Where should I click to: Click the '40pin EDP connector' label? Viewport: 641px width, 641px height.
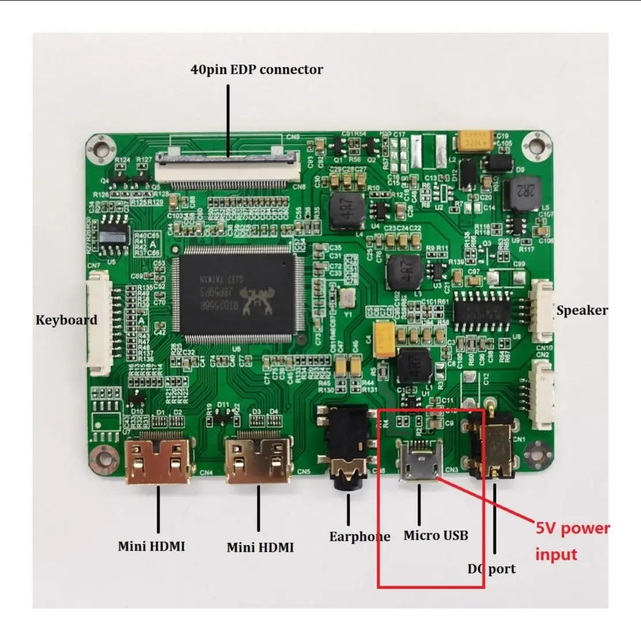coord(256,70)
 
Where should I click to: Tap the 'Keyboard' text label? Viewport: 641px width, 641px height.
coord(66,320)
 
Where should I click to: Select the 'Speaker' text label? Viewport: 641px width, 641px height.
coord(582,310)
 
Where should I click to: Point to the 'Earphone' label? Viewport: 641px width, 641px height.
coord(359,537)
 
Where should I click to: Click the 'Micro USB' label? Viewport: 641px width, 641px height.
coord(435,536)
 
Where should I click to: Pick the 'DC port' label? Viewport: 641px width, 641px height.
coord(491,569)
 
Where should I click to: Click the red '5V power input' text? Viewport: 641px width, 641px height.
coord(571,541)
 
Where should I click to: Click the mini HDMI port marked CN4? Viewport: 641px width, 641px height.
coord(158,460)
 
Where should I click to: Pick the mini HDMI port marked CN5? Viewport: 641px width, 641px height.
coord(259,461)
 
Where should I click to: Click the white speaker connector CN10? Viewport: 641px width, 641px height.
coord(541,311)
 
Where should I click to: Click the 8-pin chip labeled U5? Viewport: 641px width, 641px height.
coord(113,236)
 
